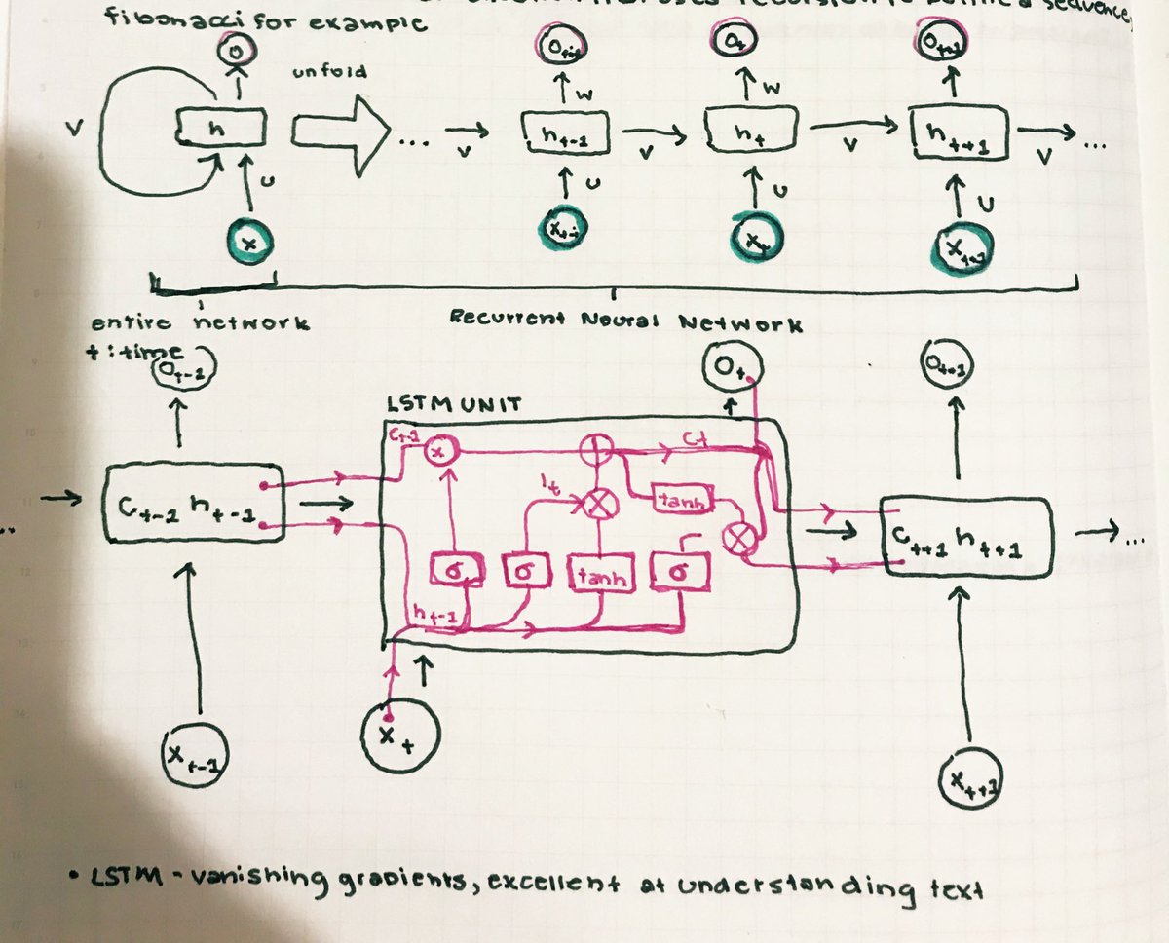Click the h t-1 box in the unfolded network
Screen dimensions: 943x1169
click(566, 136)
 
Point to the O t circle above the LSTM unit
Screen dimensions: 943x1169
click(732, 370)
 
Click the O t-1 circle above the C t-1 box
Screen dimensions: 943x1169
click(181, 372)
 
